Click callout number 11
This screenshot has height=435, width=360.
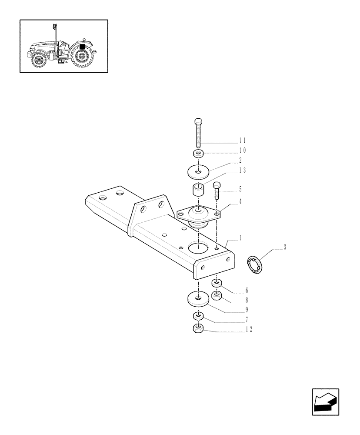coord(242,141)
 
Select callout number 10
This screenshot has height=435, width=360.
coord(242,150)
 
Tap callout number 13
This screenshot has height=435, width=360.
coord(242,170)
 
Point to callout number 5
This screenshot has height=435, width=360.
coord(240,190)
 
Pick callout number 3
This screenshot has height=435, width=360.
coord(285,248)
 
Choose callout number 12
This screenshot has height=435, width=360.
coord(249,329)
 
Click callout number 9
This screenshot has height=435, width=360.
coord(246,310)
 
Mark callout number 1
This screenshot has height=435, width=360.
coord(240,238)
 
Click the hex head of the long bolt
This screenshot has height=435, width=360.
coord(198,121)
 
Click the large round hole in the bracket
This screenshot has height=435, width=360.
coord(198,248)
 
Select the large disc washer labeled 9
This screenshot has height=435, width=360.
coord(198,299)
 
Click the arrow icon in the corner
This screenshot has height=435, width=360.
coord(326,402)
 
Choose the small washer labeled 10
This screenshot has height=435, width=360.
coord(198,154)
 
